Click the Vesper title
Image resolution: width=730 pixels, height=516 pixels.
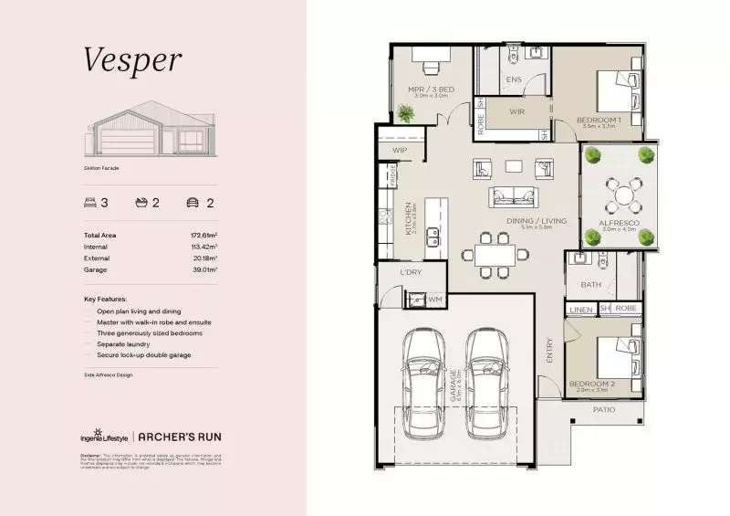click(x=133, y=59)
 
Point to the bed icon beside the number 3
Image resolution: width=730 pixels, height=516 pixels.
click(x=89, y=203)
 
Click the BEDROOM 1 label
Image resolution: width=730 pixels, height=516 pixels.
click(x=599, y=120)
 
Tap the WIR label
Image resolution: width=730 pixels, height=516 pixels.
click(x=516, y=111)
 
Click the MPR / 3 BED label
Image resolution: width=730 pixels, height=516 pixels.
click(x=431, y=89)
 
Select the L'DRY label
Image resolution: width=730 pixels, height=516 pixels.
click(x=410, y=273)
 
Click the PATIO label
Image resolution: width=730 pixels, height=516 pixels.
click(x=604, y=409)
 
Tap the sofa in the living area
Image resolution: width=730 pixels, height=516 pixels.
click(x=514, y=195)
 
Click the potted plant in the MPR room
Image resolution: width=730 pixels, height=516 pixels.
click(x=405, y=112)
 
